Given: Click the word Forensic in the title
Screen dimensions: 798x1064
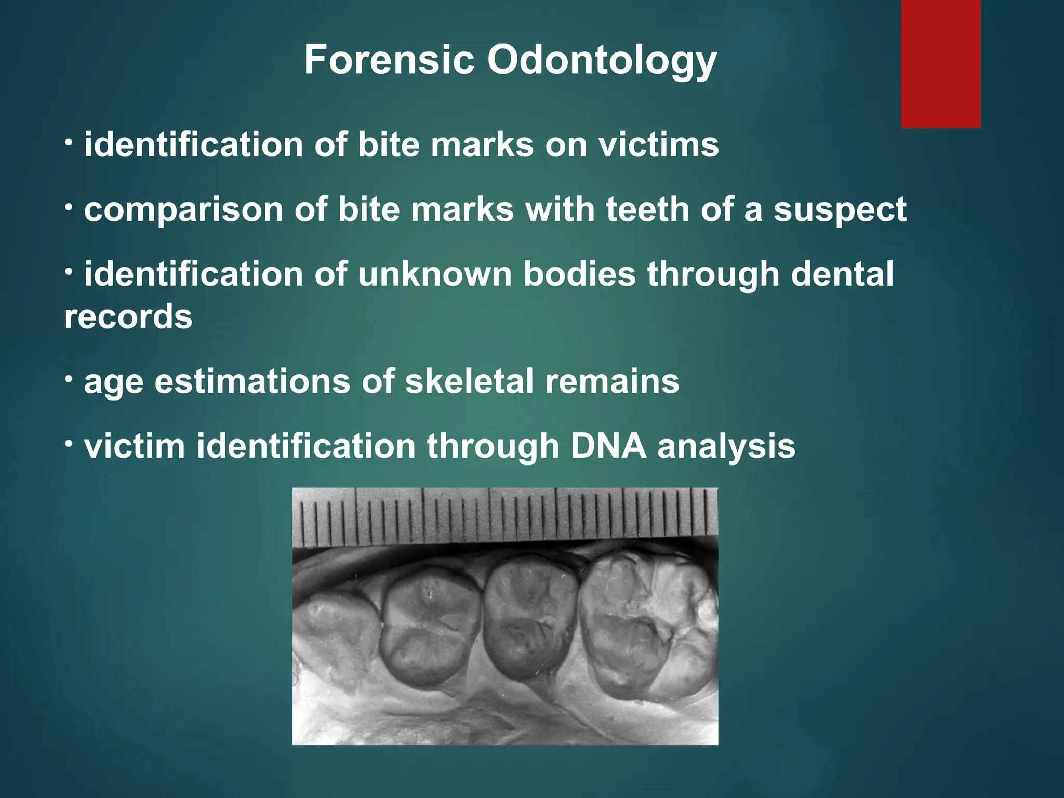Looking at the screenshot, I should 389,60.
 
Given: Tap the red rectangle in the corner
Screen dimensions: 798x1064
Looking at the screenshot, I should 940,63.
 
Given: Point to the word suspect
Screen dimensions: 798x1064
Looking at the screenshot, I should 840,210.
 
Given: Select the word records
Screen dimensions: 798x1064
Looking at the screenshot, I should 128,317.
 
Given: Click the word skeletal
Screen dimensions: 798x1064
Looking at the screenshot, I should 469,381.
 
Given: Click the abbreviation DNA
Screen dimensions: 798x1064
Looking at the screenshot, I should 608,446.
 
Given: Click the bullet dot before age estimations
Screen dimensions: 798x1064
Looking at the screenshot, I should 69,380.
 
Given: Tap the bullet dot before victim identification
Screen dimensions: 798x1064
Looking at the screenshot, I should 69,445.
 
